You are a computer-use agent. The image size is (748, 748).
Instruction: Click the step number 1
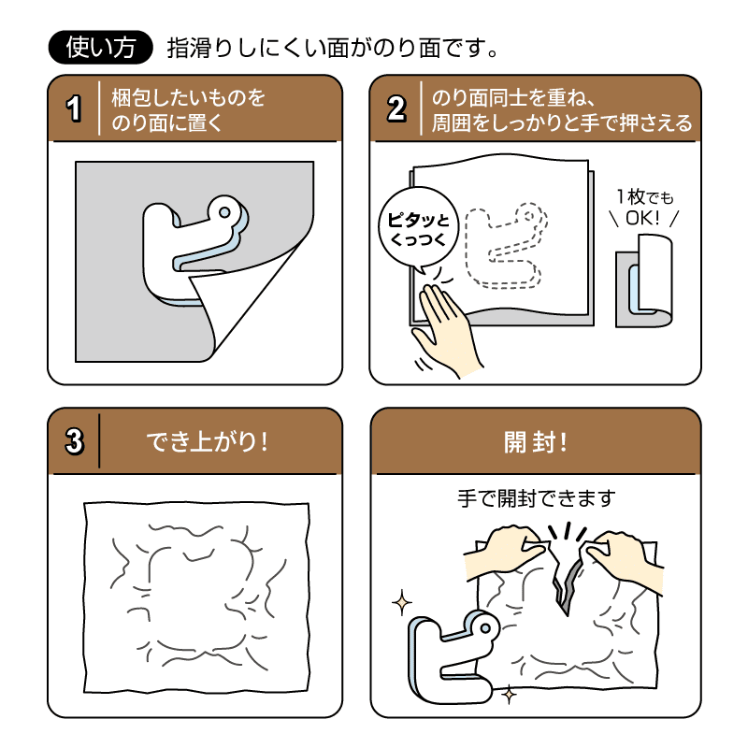(x=74, y=108)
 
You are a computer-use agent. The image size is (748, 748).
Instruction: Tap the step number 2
(x=396, y=108)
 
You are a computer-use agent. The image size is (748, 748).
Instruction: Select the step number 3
(x=74, y=440)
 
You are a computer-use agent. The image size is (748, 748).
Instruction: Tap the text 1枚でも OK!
(x=644, y=208)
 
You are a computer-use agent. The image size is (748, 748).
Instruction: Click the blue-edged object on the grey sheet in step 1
(x=187, y=243)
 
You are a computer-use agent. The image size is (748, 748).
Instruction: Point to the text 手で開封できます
(x=536, y=498)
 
